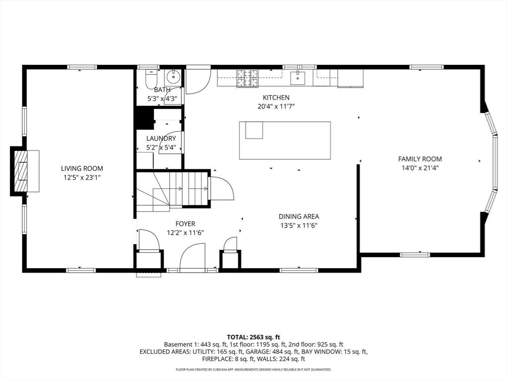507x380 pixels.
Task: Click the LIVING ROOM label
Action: click(x=82, y=168)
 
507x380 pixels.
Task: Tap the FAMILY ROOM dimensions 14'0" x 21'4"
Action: click(x=420, y=168)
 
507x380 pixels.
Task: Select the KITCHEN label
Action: click(x=276, y=97)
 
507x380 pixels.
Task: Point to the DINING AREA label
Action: click(x=299, y=217)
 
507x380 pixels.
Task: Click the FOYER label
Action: click(x=185, y=224)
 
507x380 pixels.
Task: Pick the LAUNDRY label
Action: click(x=161, y=139)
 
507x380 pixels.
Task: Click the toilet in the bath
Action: click(x=151, y=79)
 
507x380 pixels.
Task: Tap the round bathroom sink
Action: click(x=174, y=76)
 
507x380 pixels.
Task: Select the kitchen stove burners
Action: click(x=248, y=79)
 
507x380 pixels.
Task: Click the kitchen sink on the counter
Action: click(x=298, y=78)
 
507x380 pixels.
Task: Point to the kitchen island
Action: click(x=285, y=140)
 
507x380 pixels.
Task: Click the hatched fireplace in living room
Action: click(x=23, y=171)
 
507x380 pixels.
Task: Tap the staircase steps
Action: click(x=189, y=189)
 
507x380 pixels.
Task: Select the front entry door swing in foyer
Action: click(x=193, y=256)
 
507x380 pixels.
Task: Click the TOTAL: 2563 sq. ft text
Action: click(x=253, y=337)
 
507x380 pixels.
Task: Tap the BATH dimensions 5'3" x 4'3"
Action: click(x=162, y=99)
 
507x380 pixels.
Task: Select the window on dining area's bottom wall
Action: click(x=299, y=270)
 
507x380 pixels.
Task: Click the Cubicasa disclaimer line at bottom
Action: click(x=253, y=369)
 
